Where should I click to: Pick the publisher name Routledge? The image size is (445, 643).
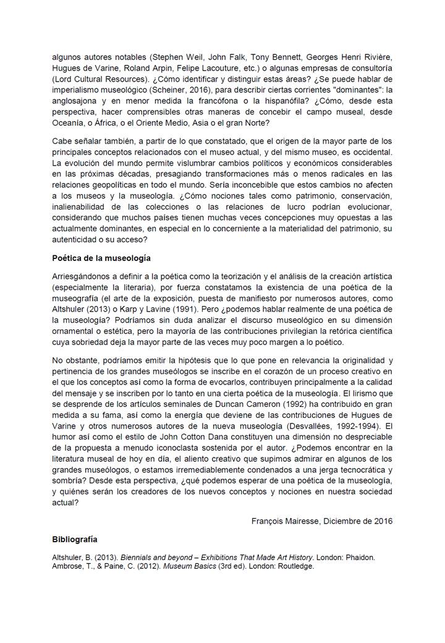click(x=295, y=566)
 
